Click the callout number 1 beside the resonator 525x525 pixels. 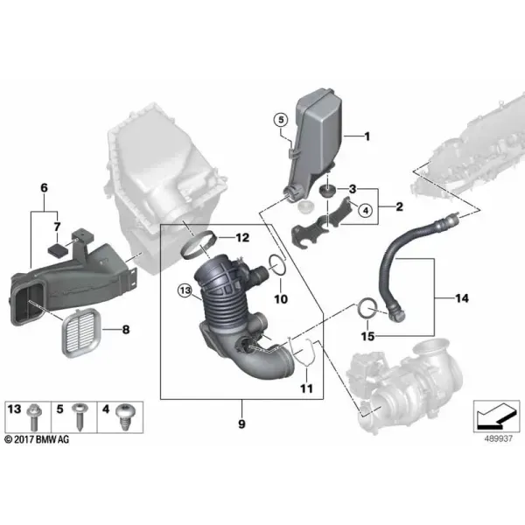click(367, 136)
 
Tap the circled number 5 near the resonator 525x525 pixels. click(281, 120)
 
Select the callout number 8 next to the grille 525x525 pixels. click(125, 330)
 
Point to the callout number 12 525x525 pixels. click(242, 237)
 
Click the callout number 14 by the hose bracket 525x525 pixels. click(462, 298)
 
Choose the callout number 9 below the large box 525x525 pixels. click(241, 424)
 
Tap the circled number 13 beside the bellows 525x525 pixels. click(185, 290)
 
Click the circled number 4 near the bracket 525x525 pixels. click(365, 211)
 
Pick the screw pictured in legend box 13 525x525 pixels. click(34, 416)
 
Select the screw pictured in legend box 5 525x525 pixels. click(80, 416)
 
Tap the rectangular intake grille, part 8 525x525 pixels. click(81, 332)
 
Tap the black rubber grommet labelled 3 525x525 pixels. click(326, 190)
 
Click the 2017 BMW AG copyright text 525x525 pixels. click(37, 439)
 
